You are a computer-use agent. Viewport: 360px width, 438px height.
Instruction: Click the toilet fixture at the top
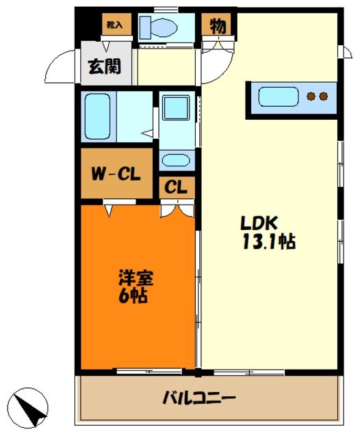159,28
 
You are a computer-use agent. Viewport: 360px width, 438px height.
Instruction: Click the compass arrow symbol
30,407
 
